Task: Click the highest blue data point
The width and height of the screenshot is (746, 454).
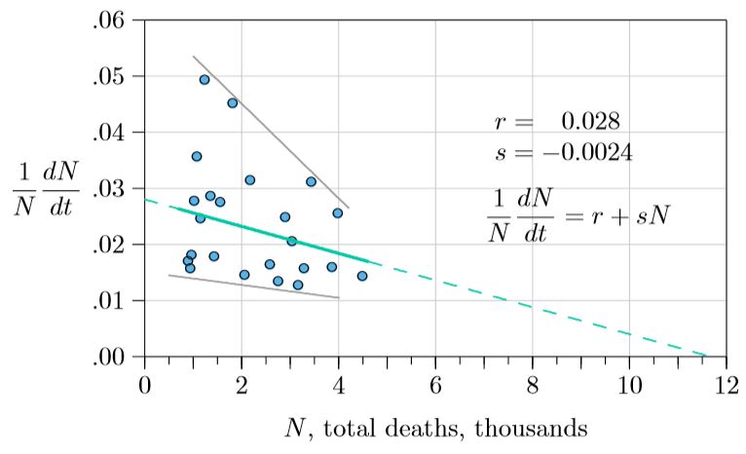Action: point(205,80)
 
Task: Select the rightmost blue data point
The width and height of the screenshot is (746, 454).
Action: point(362,276)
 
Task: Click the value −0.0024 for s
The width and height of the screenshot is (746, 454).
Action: point(583,153)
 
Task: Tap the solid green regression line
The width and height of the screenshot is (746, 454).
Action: point(273,234)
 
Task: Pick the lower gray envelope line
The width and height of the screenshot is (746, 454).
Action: point(253,286)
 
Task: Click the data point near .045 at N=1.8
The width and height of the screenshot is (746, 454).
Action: point(232,102)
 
